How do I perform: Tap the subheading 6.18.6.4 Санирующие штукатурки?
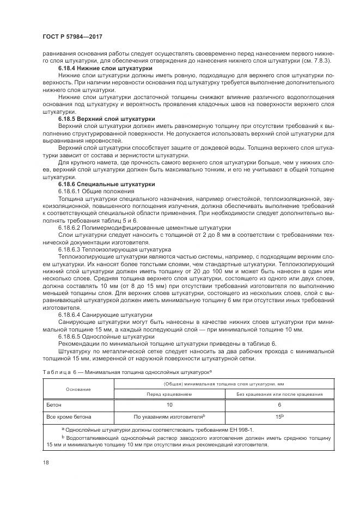click(105, 315)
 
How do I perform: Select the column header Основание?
click(78, 389)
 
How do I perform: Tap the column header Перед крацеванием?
click(168, 394)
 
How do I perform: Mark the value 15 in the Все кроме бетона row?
click(278, 416)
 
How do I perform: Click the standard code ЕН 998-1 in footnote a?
click(237, 430)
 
